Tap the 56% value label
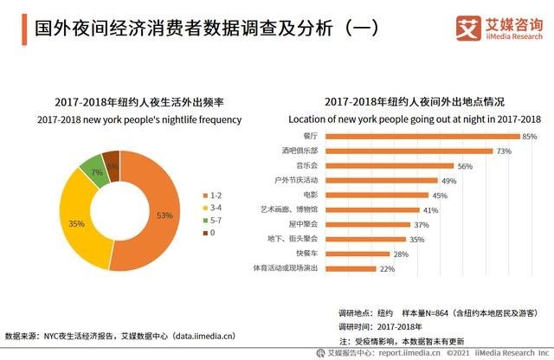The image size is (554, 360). pos(465,166)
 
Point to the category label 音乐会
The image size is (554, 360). pos(281,166)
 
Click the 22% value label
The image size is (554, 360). pos(387,269)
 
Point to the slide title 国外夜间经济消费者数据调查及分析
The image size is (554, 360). pos(173,29)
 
